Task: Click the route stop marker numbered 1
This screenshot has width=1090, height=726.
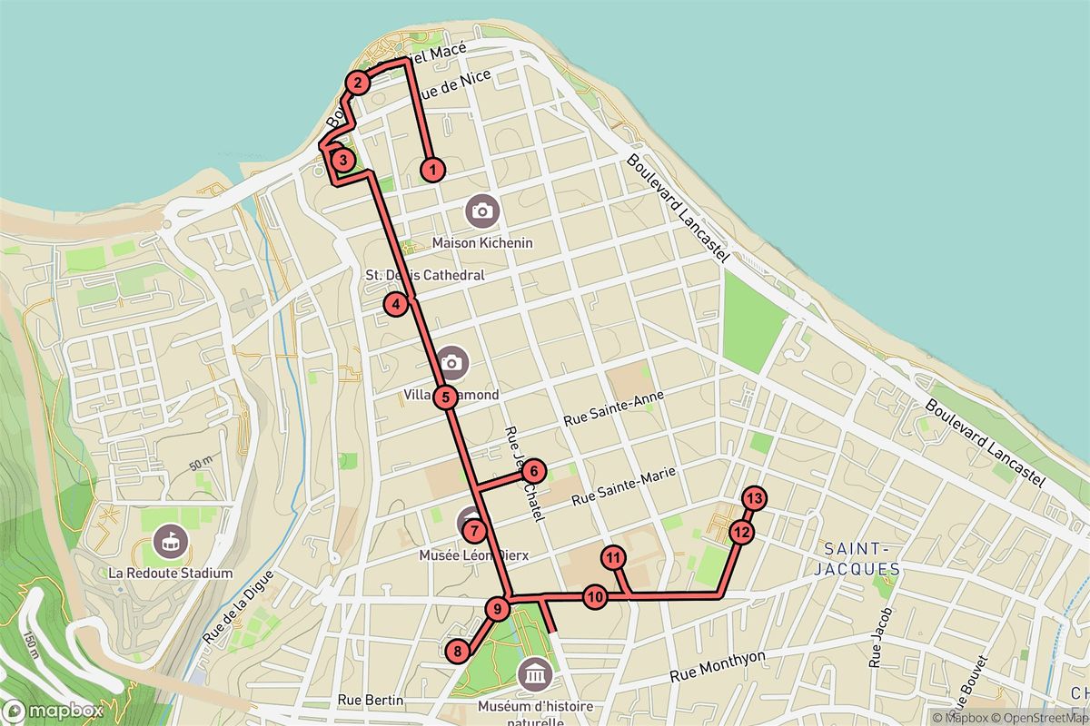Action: click(x=433, y=168)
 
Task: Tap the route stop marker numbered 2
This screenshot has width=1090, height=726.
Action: click(x=357, y=83)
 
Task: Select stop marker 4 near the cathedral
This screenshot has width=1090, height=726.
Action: click(x=396, y=304)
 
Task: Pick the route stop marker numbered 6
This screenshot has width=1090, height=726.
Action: click(x=534, y=471)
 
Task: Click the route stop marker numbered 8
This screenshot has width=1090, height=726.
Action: click(x=459, y=650)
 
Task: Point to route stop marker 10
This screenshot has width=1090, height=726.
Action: click(x=595, y=597)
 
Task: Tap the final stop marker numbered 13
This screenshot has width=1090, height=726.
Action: click(x=754, y=497)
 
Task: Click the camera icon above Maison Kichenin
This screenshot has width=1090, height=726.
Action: click(x=481, y=212)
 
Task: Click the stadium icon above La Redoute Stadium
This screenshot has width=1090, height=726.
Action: click(x=169, y=542)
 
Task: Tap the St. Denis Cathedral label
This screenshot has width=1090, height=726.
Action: click(x=424, y=275)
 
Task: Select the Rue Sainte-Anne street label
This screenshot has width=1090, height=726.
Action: click(x=613, y=408)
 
